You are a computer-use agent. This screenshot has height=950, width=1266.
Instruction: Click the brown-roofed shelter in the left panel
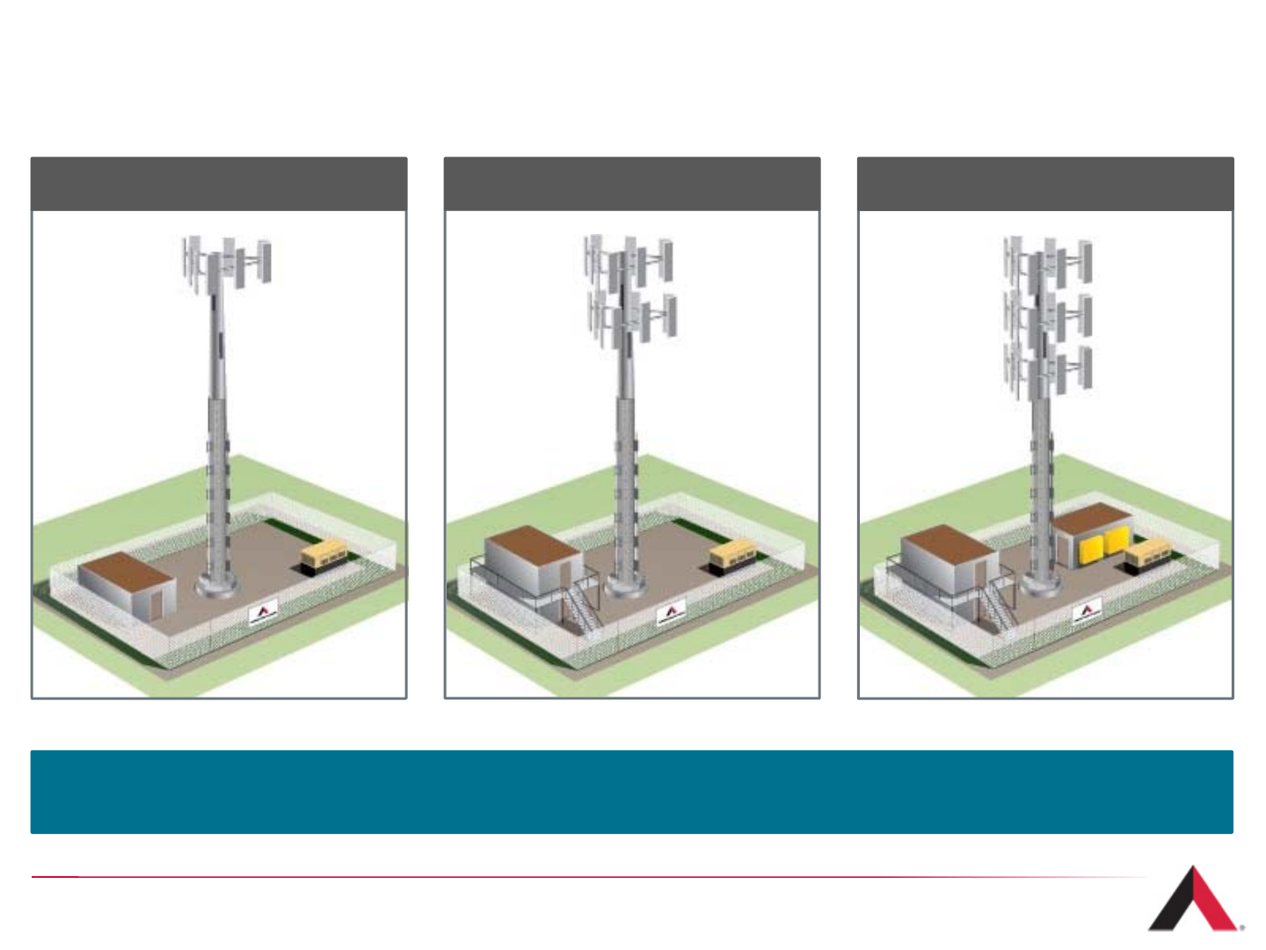(x=126, y=583)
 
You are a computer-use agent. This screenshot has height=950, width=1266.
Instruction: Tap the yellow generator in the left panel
(x=324, y=555)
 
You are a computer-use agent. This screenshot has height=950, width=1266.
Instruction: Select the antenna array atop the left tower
(x=227, y=263)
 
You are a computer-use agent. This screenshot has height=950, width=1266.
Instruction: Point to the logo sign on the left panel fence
(x=263, y=611)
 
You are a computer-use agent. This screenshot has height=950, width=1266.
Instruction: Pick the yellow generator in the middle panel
(x=732, y=555)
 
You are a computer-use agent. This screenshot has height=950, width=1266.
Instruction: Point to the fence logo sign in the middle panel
(x=672, y=612)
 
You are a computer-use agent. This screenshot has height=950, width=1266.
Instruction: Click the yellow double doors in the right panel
(x=1103, y=545)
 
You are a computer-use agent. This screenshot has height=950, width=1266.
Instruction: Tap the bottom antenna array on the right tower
(x=1048, y=370)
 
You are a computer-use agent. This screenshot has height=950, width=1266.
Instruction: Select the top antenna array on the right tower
(x=1048, y=259)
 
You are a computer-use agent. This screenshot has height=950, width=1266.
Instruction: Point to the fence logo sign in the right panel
(x=1087, y=611)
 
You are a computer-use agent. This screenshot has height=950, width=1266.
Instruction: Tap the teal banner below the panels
(x=631, y=792)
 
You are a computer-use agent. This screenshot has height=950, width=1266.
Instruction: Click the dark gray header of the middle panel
(x=631, y=184)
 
